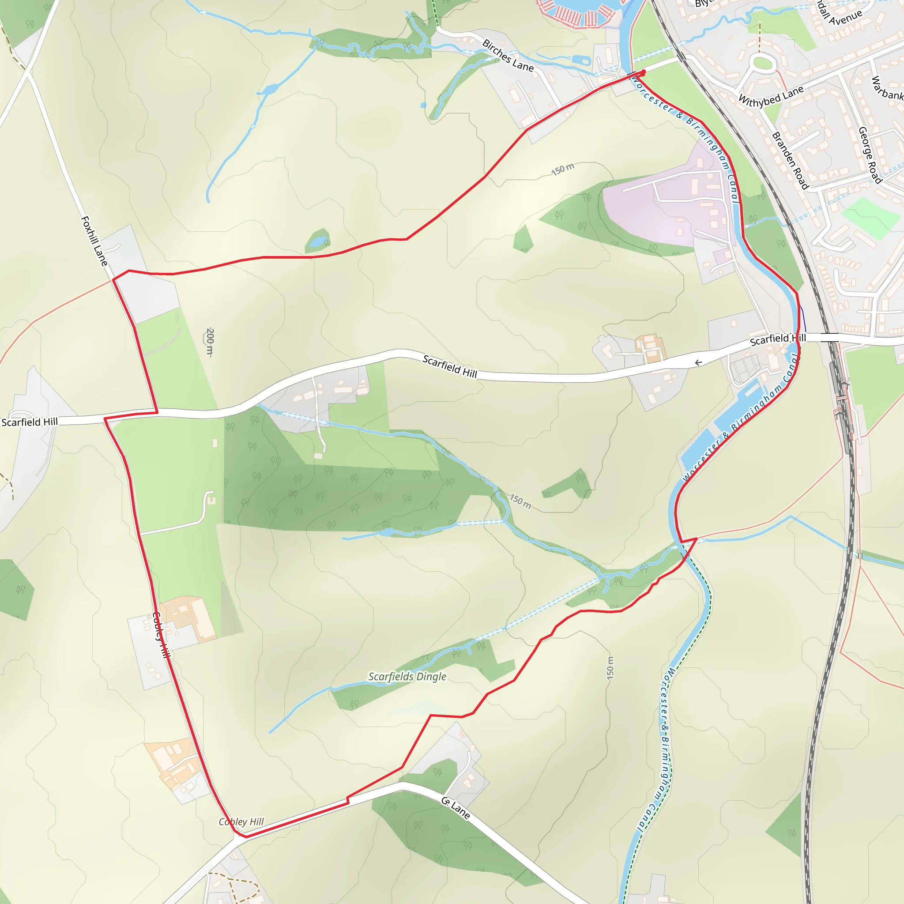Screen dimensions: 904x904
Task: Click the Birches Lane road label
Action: [x=508, y=56]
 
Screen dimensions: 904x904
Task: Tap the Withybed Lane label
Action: [x=771, y=95]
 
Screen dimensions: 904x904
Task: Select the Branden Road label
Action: [x=790, y=161]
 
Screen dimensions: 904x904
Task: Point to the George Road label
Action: [x=870, y=155]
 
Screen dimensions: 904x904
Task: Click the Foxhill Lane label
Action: [x=94, y=241]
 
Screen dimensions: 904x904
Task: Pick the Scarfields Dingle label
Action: [x=407, y=677]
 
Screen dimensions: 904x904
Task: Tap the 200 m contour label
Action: [x=210, y=342]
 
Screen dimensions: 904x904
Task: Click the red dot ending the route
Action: [x=644, y=72]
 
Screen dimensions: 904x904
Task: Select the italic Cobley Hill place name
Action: [x=241, y=822]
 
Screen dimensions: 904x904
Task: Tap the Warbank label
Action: [x=886, y=88]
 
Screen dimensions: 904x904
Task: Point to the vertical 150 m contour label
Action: [x=610, y=667]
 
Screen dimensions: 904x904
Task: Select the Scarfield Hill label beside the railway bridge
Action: [x=778, y=339]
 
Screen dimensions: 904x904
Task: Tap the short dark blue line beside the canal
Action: [x=803, y=319]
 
